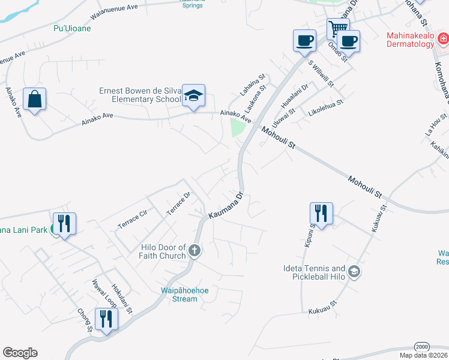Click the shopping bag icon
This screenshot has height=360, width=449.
35,99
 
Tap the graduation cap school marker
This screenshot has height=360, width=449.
194,96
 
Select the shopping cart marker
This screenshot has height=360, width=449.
339,28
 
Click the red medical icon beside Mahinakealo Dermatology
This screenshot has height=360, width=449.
443,40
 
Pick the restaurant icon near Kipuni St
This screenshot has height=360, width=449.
321,214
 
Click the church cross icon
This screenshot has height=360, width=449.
194,250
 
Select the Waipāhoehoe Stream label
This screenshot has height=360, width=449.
171,295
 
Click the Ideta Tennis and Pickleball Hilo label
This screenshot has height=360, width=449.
314,273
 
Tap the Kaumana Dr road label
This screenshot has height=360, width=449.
225,206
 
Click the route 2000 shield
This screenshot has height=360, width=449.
422,346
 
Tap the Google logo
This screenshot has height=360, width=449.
20,353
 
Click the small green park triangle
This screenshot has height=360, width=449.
238,127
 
